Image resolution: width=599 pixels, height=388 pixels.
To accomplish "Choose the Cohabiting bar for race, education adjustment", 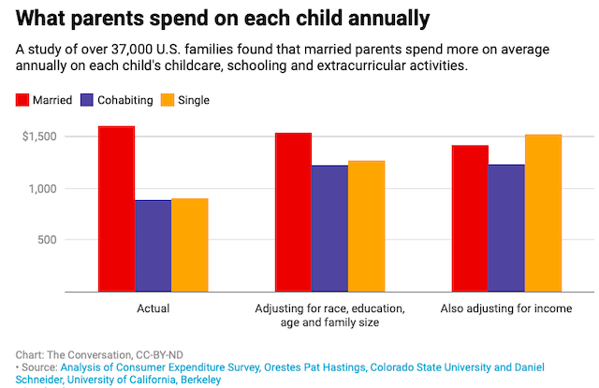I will (329, 228).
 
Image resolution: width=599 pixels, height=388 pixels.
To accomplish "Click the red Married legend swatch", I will (22, 100).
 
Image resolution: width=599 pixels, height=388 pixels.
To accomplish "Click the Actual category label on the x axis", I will (153, 308).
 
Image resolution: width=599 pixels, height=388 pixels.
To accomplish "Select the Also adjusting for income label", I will (505, 308).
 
